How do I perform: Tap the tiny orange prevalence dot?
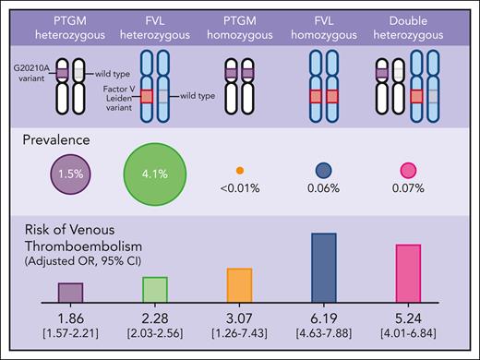(239, 170)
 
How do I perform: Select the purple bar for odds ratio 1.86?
(70, 292)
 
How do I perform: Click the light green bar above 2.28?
(154, 289)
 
